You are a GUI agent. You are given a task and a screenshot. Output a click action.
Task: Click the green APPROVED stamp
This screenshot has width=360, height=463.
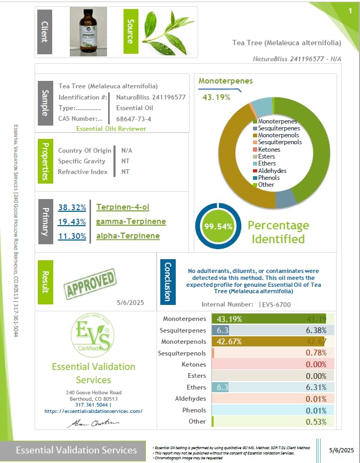tap(90, 283)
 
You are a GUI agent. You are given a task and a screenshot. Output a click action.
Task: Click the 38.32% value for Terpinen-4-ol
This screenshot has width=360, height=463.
tap(72, 207)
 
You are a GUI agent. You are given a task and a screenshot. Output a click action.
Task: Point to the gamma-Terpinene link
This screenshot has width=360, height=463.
tap(131, 221)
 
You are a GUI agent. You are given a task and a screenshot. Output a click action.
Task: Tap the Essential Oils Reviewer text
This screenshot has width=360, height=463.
tap(111, 129)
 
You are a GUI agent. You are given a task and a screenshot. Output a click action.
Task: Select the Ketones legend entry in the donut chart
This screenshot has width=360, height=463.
tap(269, 150)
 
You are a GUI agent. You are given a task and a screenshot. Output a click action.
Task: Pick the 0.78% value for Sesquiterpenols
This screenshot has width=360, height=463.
tap(316, 353)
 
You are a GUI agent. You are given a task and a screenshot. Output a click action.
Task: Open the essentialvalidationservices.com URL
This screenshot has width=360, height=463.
tap(93, 411)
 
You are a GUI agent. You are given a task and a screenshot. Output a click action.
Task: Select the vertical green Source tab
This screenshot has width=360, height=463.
tap(130, 31)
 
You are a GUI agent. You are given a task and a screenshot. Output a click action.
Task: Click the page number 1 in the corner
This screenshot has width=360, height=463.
tap(350, 11)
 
